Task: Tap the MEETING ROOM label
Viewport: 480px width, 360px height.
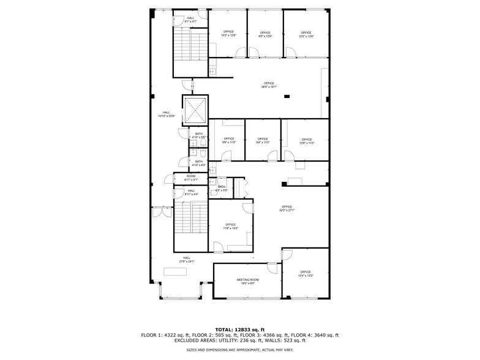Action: [248, 280]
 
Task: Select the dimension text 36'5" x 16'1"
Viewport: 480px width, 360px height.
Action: [269, 87]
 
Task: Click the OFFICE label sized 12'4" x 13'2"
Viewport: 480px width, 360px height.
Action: [306, 272]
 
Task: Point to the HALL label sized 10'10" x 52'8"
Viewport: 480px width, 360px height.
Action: [167, 112]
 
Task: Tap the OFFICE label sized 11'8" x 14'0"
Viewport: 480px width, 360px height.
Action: [230, 225]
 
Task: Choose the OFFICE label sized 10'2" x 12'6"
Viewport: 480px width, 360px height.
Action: [228, 32]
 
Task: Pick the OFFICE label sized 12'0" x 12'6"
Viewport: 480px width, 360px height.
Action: [306, 32]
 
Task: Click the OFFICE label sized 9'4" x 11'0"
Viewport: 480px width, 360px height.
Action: [263, 139]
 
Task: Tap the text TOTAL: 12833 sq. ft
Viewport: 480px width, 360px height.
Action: [240, 329]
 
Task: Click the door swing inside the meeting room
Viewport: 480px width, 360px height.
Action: [272, 267]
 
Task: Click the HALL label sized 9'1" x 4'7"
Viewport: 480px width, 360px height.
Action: [191, 18]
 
